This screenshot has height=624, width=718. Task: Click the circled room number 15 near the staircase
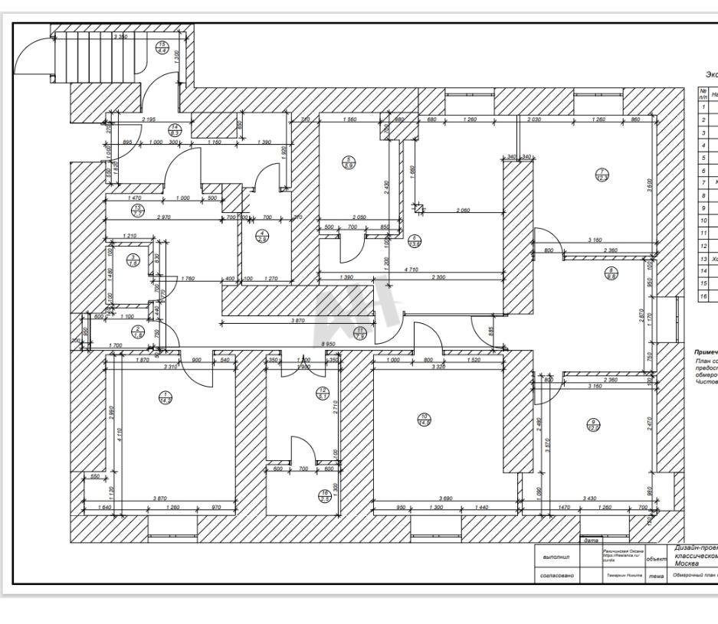click(162, 47)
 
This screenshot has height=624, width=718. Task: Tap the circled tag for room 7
click(603, 175)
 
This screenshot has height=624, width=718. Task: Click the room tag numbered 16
click(324, 497)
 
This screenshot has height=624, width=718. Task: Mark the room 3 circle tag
click(133, 260)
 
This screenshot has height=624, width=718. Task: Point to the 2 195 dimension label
click(149, 120)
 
